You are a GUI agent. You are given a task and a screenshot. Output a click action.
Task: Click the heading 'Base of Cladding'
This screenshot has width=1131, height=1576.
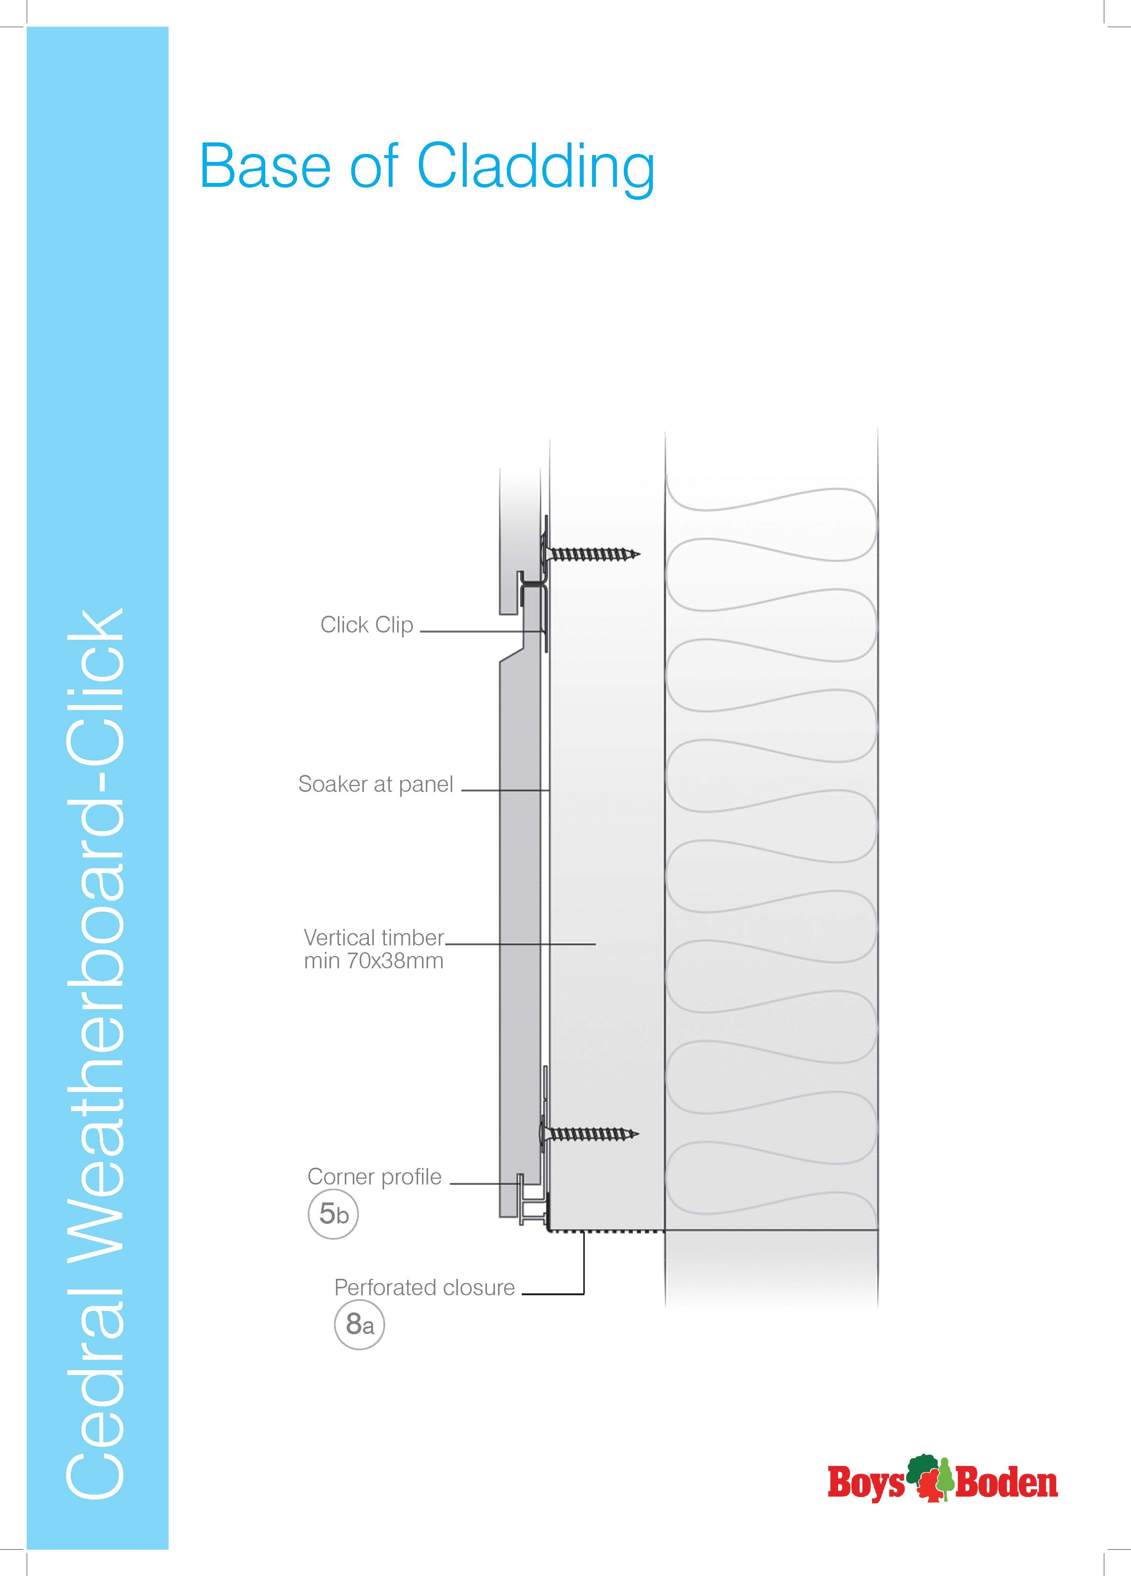[x=427, y=167]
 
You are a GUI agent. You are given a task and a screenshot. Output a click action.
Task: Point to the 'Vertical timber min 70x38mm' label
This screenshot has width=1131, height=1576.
[x=374, y=949]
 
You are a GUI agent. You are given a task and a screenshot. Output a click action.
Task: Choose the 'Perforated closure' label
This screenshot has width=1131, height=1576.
[x=424, y=1288]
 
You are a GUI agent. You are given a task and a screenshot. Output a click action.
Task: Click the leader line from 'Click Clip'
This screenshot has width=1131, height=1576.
[x=481, y=632]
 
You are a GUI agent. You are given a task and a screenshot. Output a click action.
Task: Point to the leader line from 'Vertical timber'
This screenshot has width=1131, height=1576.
[x=521, y=944]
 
